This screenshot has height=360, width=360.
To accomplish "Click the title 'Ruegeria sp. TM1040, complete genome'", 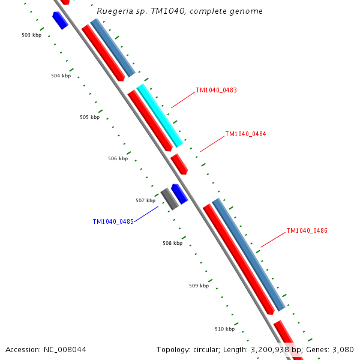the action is [179, 11].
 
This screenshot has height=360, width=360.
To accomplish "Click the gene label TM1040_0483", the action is [216, 91].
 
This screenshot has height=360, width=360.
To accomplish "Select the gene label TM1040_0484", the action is [245, 134].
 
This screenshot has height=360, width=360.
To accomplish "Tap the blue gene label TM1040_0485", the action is [113, 222].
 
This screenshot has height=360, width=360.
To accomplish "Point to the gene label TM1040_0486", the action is [307, 231].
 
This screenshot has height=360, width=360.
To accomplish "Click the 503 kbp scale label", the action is [31, 35].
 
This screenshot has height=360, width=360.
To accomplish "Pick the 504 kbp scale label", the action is [61, 76].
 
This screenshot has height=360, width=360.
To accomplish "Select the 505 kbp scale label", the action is [89, 118].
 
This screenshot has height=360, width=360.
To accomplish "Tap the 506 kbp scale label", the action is [118, 159].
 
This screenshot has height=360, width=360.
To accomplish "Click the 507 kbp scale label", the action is [145, 201].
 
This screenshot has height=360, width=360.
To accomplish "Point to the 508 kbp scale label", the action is [172, 244].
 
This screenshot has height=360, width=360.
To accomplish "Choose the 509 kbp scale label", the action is [199, 286].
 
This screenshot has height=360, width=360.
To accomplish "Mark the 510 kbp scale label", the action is [224, 329].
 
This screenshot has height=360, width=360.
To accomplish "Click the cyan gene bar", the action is [160, 116].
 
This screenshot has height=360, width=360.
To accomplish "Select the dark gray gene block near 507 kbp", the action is [169, 199].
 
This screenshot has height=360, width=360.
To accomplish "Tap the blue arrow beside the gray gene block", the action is [179, 194].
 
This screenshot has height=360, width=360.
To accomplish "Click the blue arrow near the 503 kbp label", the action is [60, 20].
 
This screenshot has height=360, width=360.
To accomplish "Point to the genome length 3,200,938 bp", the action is [264, 350].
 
